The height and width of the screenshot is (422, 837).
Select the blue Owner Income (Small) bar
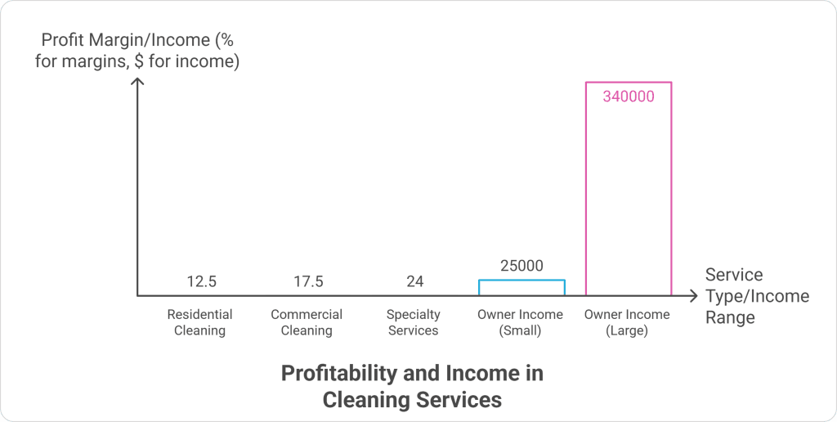[521, 288]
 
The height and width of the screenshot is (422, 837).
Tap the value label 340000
[629, 97]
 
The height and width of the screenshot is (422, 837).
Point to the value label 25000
[521, 266]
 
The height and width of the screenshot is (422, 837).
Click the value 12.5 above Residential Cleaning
[201, 282]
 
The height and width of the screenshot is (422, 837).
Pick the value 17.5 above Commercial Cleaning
[308, 282]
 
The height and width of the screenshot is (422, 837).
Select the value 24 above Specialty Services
[414, 282]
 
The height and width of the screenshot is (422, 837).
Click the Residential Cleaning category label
[200, 322]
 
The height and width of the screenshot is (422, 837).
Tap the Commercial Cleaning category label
[307, 322]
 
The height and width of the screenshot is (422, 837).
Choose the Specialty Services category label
[414, 322]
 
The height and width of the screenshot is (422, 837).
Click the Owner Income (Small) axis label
[521, 322]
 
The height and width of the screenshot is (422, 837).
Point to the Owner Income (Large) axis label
[627, 322]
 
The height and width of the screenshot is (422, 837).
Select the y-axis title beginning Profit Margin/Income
[137, 50]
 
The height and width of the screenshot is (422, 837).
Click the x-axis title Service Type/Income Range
[756, 295]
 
